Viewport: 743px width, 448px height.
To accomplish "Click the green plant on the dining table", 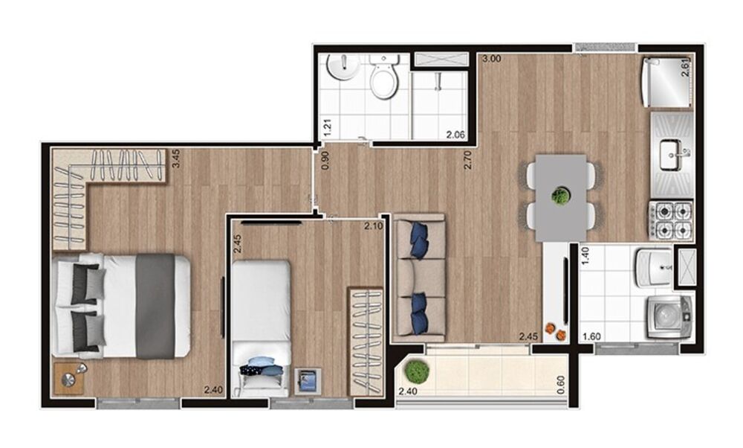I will (x=561, y=196).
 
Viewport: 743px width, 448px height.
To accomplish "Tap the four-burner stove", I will (x=671, y=220).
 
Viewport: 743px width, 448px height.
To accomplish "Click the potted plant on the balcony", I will (x=418, y=370).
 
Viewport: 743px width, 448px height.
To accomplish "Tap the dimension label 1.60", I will (x=592, y=336).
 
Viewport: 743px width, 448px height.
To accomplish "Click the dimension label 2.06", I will (x=455, y=135).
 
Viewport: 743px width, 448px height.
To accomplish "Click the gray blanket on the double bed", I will (x=156, y=306).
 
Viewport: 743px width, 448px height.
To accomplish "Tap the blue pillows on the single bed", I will (x=262, y=366).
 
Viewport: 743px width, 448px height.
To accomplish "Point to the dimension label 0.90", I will (x=325, y=161).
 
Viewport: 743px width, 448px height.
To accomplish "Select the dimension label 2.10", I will (x=373, y=226).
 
